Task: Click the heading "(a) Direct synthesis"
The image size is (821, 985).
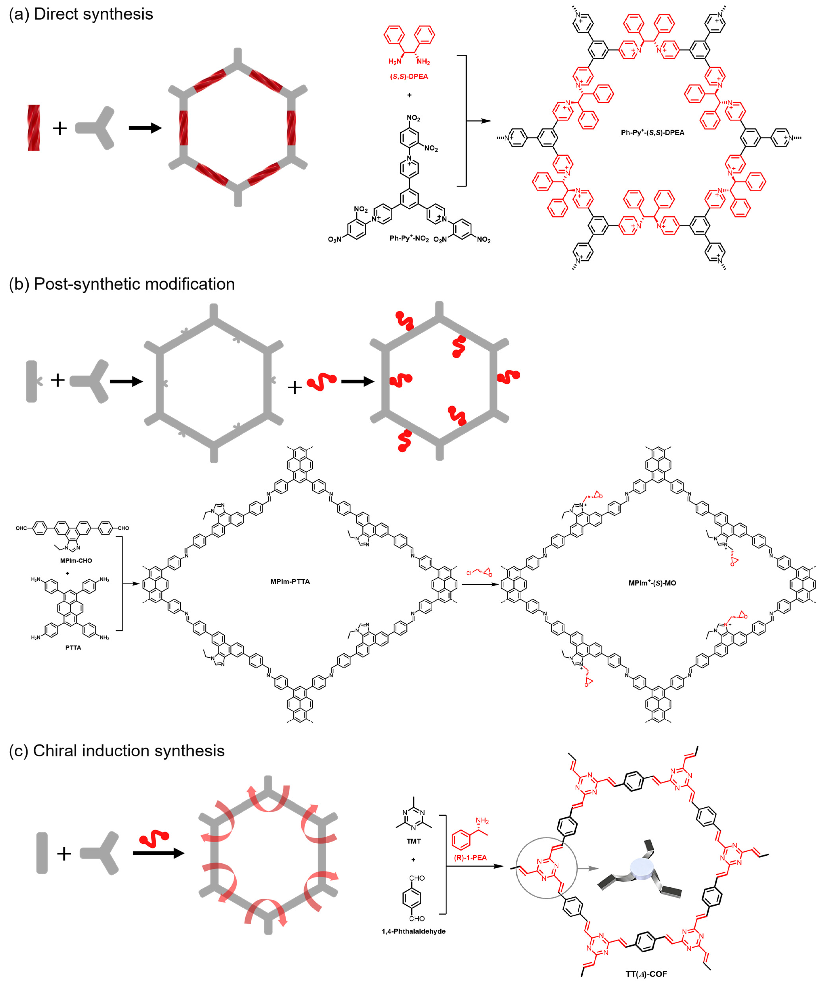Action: [81, 14]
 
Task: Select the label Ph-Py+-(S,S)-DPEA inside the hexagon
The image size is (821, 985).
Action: [653, 133]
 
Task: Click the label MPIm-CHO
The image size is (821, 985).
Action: [76, 560]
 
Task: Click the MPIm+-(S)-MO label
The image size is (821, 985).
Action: [652, 583]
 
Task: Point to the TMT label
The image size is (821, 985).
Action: [413, 841]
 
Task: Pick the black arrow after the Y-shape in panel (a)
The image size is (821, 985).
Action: [145, 128]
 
